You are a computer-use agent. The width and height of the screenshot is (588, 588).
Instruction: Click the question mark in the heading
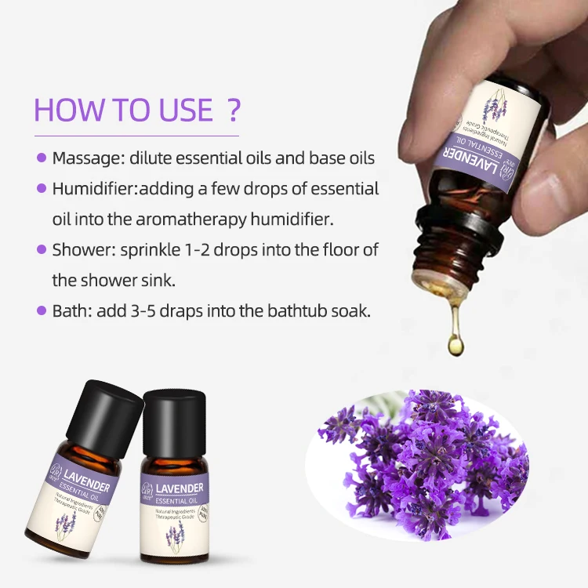tap(233, 109)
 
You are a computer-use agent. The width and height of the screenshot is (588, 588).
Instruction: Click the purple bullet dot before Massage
tap(42, 158)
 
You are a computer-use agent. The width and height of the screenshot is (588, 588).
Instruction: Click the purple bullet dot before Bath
tap(42, 310)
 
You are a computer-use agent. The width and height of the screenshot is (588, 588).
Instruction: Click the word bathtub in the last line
tap(299, 310)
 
